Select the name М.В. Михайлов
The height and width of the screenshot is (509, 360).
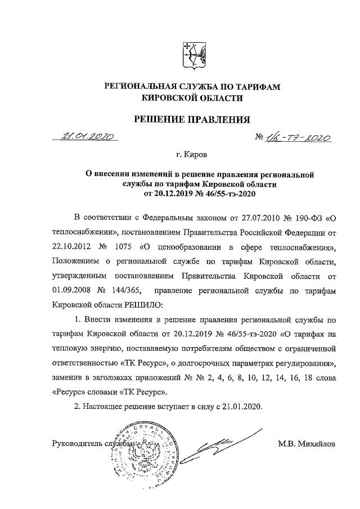click(x=306, y=444)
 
